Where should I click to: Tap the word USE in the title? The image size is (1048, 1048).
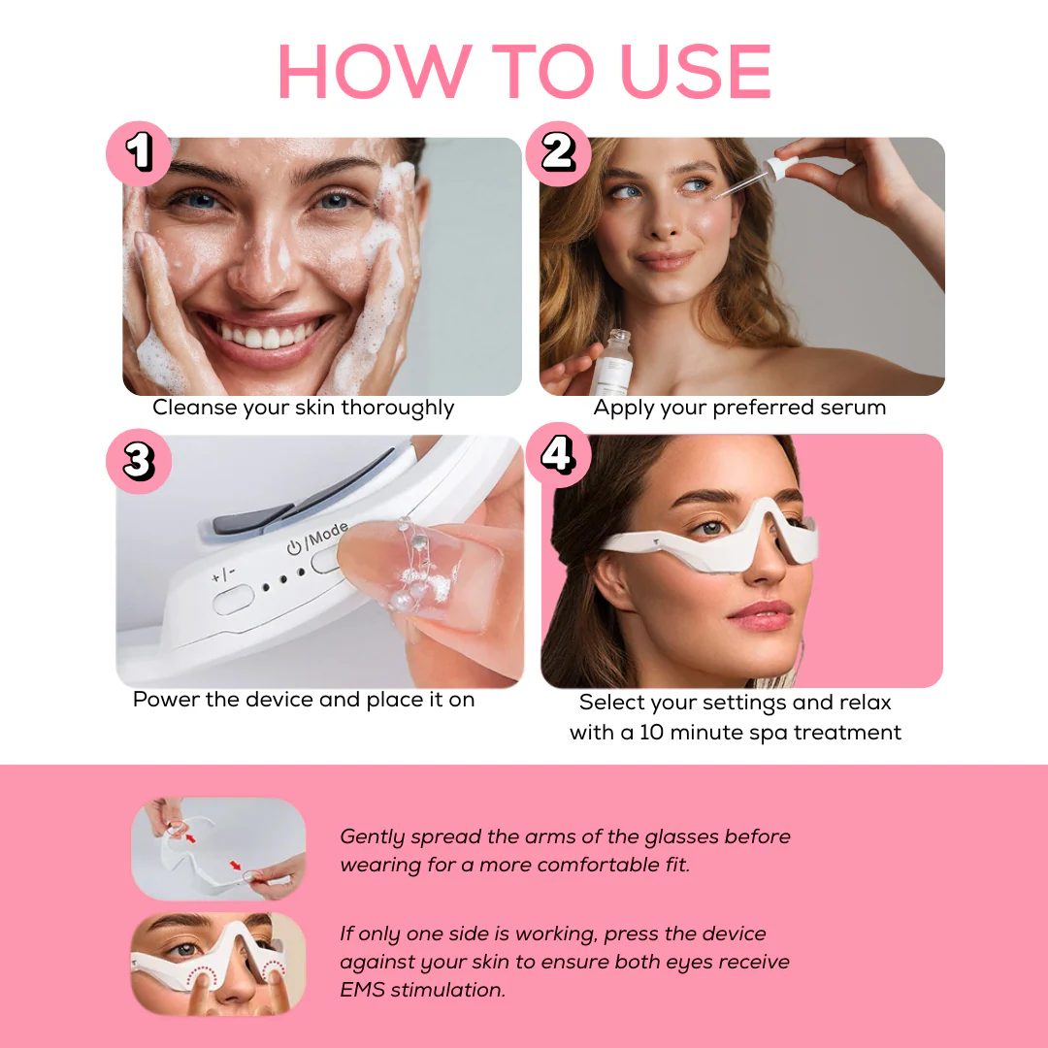696,71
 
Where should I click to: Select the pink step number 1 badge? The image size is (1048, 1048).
139,153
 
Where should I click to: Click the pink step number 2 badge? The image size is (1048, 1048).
558,153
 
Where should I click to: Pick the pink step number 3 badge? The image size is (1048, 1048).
139,461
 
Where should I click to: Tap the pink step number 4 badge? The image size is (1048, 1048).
558,454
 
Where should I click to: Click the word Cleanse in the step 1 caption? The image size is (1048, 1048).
194,407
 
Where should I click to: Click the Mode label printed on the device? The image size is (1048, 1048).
328,535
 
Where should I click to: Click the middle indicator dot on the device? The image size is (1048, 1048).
283,579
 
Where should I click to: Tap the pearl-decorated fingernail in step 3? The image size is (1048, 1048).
413,571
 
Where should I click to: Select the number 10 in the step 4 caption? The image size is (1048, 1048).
651,733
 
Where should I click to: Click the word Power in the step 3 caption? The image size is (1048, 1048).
167,699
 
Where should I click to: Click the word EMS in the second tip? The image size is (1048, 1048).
362,990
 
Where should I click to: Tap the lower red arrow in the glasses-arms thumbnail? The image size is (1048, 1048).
235,866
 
